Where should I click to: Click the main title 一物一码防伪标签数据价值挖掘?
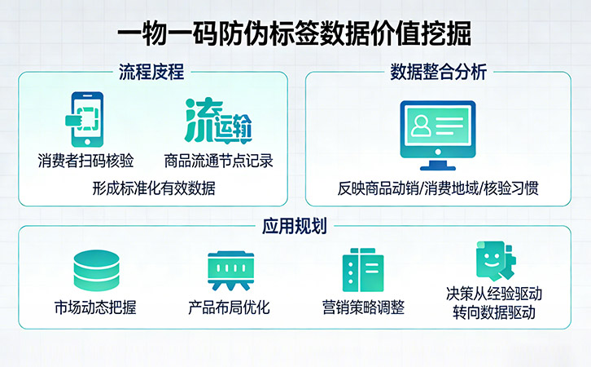pos(295,35)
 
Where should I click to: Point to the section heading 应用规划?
pos(295,226)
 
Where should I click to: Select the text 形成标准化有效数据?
pos(153,188)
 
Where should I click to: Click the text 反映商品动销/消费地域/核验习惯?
pos(438,188)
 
